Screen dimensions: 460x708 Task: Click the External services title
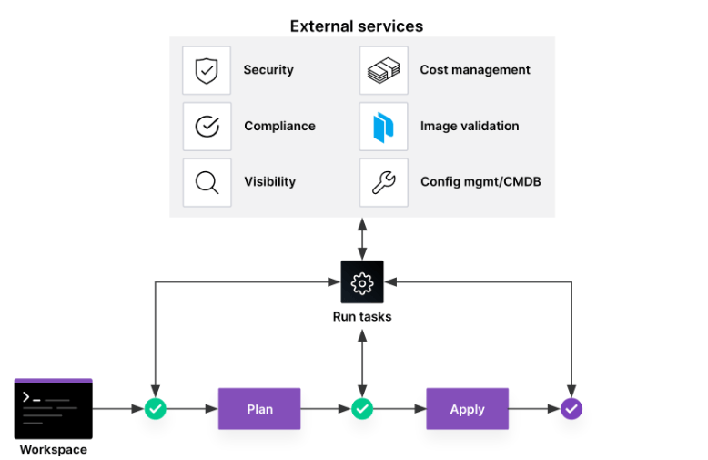(x=356, y=26)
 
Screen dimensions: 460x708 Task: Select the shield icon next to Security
(x=207, y=70)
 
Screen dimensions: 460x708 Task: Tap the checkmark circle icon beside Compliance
(x=207, y=126)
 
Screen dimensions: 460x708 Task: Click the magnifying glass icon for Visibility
(x=207, y=182)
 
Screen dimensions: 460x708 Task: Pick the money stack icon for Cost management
(x=383, y=70)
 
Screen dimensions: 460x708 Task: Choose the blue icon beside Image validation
(x=383, y=127)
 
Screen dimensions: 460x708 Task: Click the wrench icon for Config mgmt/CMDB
(x=383, y=182)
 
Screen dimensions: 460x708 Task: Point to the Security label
(x=268, y=70)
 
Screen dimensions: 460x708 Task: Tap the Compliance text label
(x=279, y=127)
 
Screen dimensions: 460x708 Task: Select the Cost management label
(x=475, y=70)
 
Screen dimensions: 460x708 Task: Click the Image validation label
(x=470, y=127)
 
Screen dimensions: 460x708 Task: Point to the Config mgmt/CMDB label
(x=480, y=182)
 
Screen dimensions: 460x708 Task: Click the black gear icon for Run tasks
(x=362, y=282)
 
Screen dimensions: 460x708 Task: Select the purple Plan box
(x=259, y=409)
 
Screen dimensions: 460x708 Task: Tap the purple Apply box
(x=467, y=409)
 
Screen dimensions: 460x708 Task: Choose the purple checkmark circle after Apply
(x=571, y=409)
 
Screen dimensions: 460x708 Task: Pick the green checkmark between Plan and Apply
(x=362, y=409)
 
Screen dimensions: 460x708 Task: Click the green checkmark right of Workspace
(x=156, y=409)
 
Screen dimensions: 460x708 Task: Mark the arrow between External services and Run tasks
(x=362, y=239)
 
